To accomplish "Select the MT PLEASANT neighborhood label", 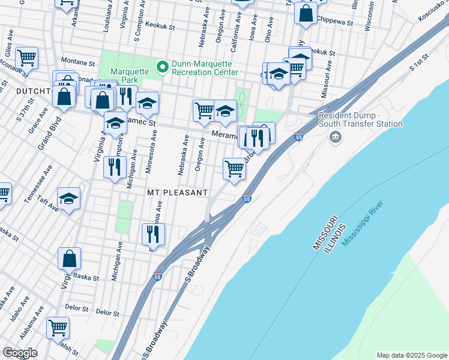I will (x=178, y=193).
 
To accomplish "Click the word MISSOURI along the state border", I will (x=324, y=231).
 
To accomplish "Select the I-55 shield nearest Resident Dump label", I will (x=298, y=137).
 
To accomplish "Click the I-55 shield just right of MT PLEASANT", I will (x=247, y=199).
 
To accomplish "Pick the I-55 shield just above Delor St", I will (x=157, y=277).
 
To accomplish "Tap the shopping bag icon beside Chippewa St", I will (x=306, y=13).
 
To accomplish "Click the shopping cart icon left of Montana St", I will (x=26, y=58).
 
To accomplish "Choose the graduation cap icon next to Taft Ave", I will (x=69, y=199).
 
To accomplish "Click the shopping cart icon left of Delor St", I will (x=58, y=328).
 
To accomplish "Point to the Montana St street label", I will (x=79, y=62).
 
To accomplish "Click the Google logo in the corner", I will (x=20, y=352).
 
